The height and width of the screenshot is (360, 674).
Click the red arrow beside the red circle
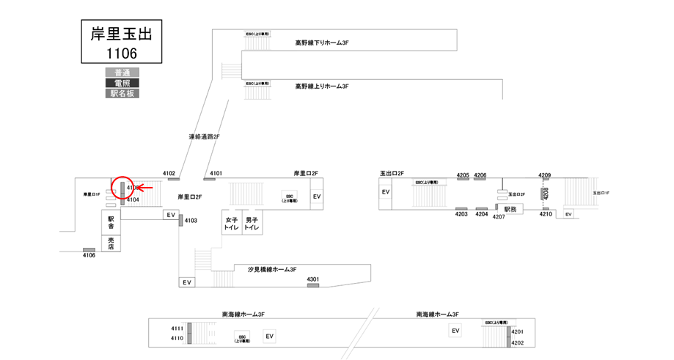pos(144,188)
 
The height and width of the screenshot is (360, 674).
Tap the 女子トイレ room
pos(232,224)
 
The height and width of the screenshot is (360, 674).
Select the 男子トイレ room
pos(252,224)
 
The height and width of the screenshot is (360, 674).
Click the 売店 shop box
pos(111,243)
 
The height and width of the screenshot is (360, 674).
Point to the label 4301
pos(313,279)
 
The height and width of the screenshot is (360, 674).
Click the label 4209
pos(544,175)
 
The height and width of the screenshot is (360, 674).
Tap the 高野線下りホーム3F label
pos(321,43)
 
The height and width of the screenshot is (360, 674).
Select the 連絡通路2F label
pos(205,137)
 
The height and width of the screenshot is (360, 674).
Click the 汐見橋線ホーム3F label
pos(272,270)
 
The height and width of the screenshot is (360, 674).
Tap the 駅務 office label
pos(510,209)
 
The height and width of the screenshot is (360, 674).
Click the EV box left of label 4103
pos(171,215)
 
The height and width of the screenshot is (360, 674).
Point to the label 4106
pos(89,255)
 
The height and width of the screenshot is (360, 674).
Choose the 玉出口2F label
pos(392,174)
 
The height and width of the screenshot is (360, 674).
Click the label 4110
pos(177,338)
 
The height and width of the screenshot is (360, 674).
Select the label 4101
pos(216,174)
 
